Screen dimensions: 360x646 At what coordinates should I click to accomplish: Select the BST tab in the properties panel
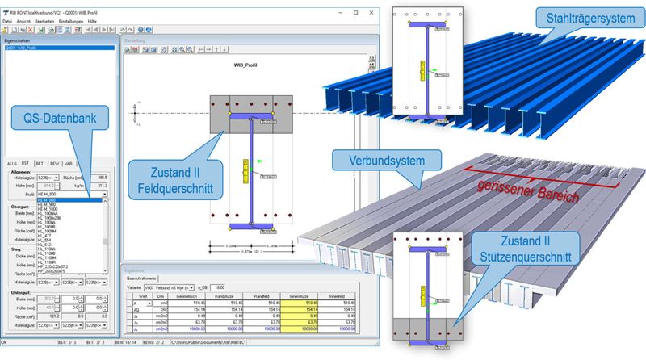click(x=25, y=163)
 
